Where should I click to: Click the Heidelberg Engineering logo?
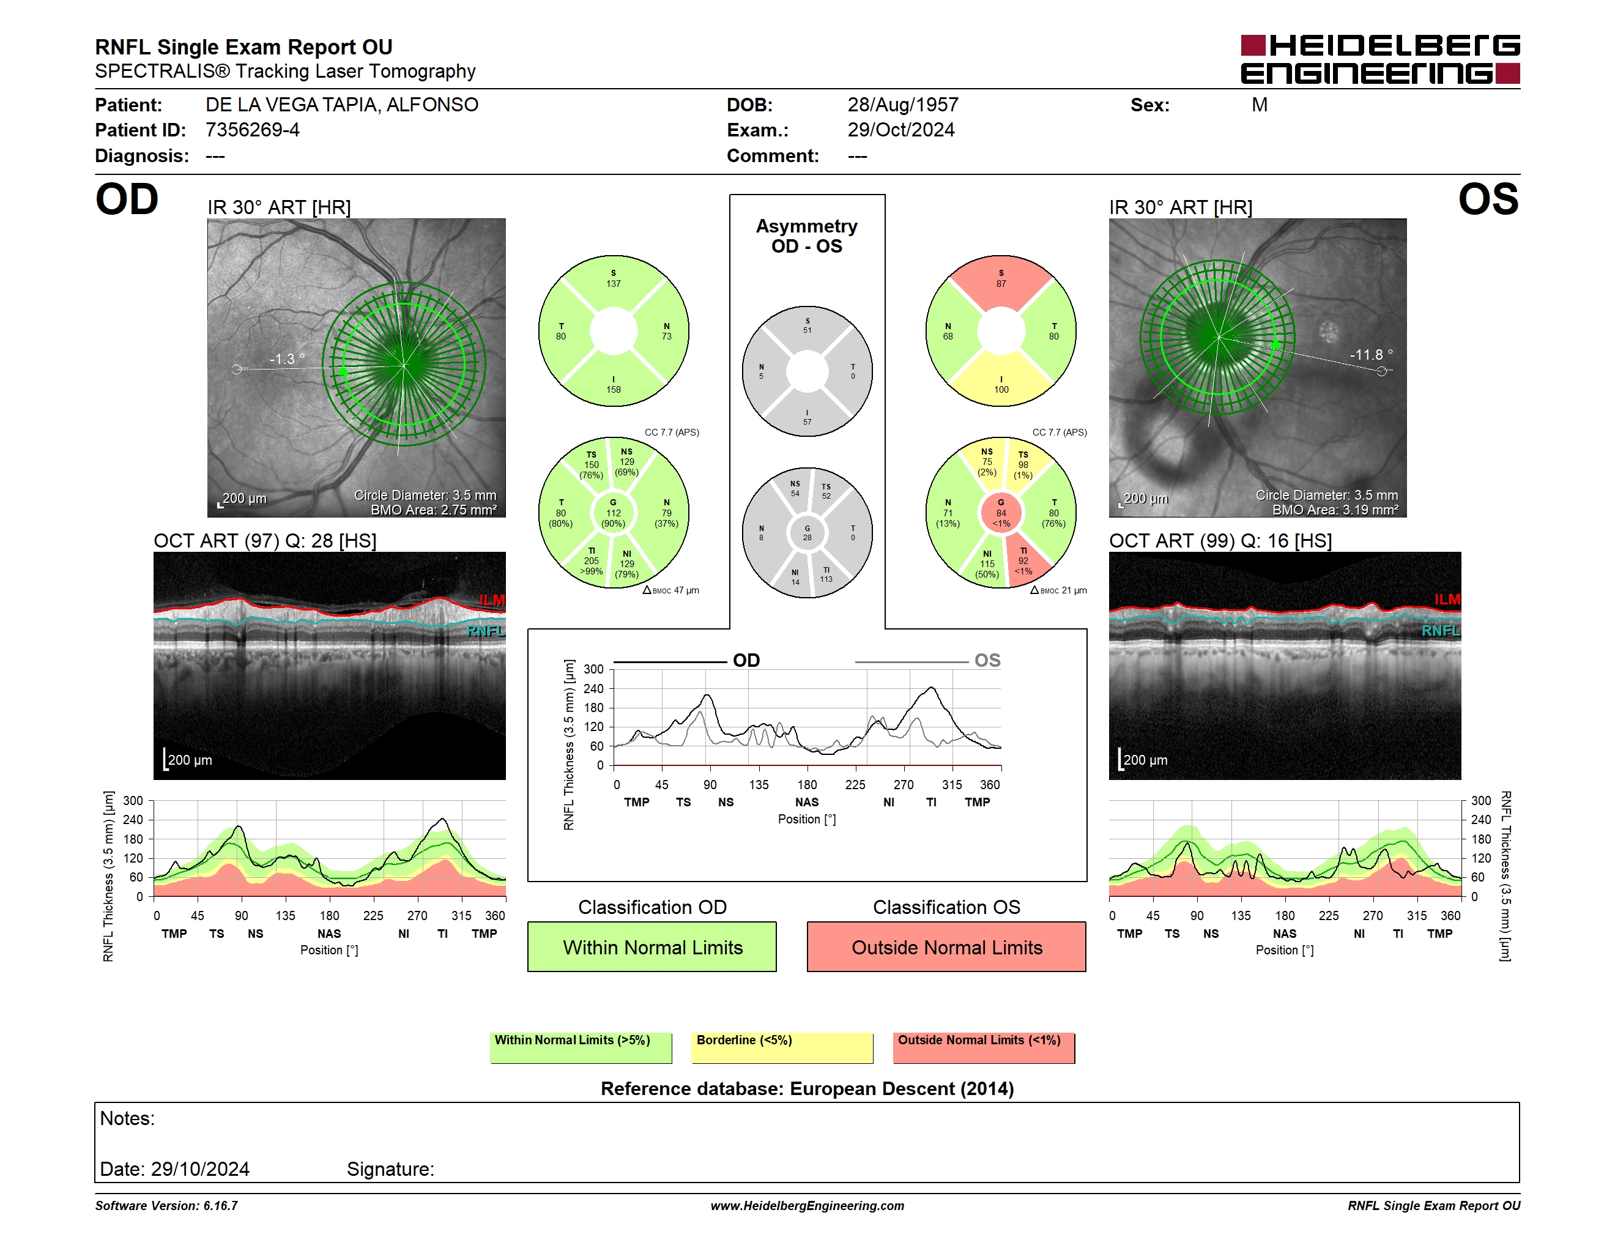point(1380,59)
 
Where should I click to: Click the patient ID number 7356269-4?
point(252,130)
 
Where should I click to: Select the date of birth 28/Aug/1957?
point(903,105)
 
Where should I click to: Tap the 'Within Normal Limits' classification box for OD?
point(652,946)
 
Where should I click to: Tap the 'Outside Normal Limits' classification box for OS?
point(946,946)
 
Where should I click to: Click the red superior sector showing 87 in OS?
point(1001,280)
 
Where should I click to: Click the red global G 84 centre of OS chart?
point(1001,513)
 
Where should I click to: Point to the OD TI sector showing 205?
point(591,562)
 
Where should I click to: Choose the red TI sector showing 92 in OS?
point(1025,560)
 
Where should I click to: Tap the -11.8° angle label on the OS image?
point(1371,355)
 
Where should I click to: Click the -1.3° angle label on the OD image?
point(287,359)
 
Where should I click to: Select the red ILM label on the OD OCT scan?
point(492,600)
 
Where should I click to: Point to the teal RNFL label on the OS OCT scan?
point(1441,631)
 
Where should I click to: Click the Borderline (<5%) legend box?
point(782,1047)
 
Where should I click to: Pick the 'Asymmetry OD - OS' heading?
point(807,236)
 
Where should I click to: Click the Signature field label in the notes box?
point(390,1169)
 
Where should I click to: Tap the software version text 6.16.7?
point(220,1206)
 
